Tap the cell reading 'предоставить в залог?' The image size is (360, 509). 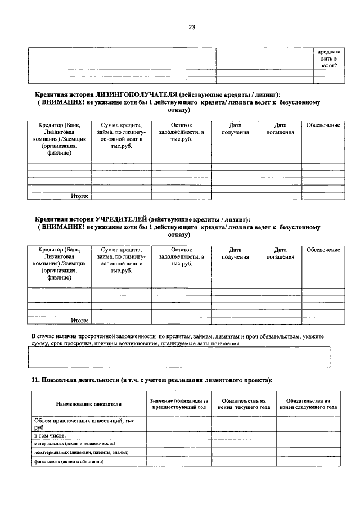[x=328, y=58]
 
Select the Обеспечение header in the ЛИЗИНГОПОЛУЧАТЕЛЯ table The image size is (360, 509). [x=323, y=125]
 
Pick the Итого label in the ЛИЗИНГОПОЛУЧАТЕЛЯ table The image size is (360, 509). [x=79, y=196]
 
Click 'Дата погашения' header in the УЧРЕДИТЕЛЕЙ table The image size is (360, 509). [x=280, y=253]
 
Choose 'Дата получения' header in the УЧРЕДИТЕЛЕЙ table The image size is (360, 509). [x=235, y=253]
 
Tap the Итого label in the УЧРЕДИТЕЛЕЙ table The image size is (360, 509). [x=79, y=321]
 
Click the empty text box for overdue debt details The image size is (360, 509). [x=179, y=357]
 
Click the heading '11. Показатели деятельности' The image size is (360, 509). [x=152, y=381]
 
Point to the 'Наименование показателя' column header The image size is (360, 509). [x=88, y=404]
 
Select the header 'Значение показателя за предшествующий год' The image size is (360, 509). [x=179, y=403]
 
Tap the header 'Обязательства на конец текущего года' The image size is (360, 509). [x=244, y=403]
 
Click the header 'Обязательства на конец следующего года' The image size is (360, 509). [x=308, y=403]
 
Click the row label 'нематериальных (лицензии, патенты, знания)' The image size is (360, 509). [x=81, y=452]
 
